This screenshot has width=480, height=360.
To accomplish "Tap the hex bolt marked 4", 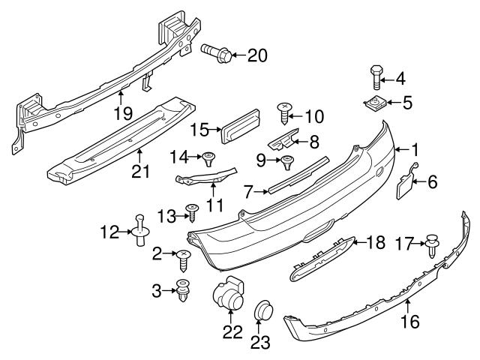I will tap(376, 78).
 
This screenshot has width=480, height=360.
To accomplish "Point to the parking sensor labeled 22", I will tap(228, 295).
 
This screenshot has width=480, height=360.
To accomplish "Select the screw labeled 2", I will tap(183, 257).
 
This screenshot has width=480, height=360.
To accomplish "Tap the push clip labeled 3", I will tap(182, 290).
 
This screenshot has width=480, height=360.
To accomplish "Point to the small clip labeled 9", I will tap(286, 160).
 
